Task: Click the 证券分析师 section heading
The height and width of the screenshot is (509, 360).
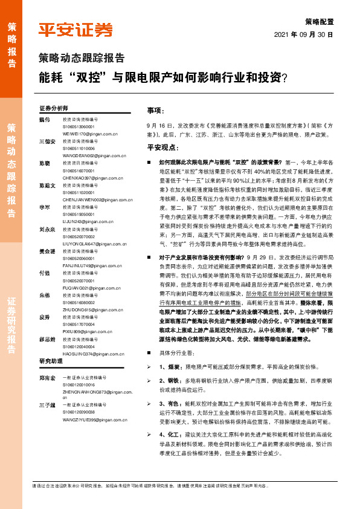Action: coord(54,108)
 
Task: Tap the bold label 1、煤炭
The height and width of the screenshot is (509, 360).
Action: coord(169,367)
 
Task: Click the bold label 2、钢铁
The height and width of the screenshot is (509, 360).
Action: coord(169,380)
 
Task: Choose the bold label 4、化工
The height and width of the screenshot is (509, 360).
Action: coord(169,434)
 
